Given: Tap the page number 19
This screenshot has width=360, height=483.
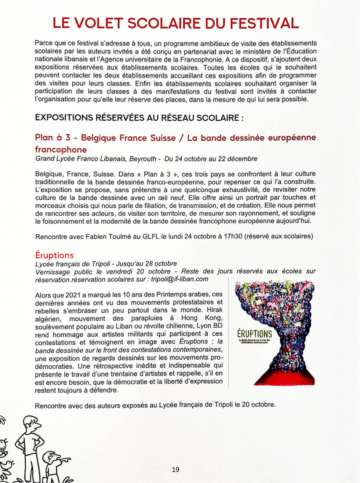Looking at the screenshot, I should tap(176, 469).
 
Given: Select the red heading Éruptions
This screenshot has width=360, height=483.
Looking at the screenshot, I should tap(54, 255).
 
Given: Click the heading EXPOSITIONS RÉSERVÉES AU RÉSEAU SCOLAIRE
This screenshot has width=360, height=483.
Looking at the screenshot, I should tap(139, 118).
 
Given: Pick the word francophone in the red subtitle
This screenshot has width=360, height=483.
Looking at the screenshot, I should tap(61, 150).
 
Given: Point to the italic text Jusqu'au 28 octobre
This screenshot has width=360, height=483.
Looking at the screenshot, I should tap(149, 263).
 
